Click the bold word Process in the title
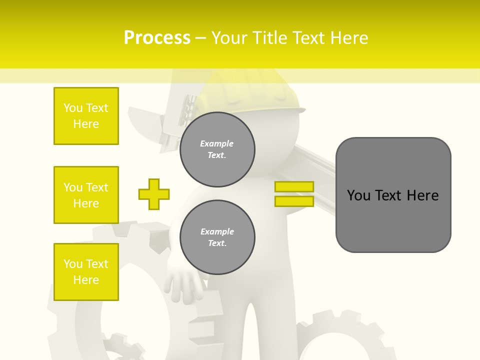point(157,38)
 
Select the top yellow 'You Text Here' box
point(86,116)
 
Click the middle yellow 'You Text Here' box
point(86,195)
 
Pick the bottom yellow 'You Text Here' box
point(86,272)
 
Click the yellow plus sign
point(154,194)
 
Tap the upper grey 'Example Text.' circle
point(217,149)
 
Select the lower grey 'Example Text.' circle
point(217,237)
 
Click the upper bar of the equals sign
point(294,186)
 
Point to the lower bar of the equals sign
point(294,201)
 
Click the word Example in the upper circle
point(217,143)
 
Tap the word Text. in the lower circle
point(217,243)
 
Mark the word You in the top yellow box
point(73,108)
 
